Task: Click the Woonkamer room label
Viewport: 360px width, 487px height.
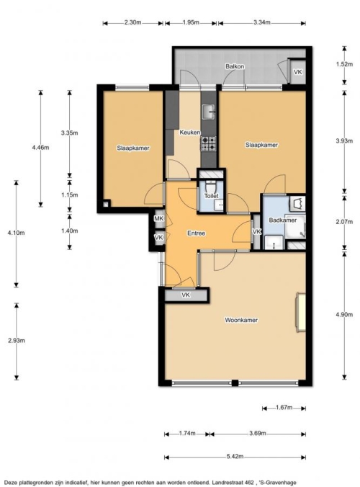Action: pos(241,320)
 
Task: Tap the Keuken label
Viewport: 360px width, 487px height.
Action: pos(189,133)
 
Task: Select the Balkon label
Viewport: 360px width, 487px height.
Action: pos(235,66)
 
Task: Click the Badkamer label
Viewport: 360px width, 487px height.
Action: pos(282,220)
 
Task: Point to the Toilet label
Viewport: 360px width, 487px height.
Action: pos(212,196)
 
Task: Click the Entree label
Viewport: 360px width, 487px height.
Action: pos(196,233)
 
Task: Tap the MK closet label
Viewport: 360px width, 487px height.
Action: pos(159,219)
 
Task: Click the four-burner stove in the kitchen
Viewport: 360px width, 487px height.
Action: pos(208,143)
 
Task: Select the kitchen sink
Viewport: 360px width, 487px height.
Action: pos(208,112)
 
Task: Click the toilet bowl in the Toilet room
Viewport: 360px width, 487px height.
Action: pos(211,187)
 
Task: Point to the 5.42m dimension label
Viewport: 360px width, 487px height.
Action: pos(235,456)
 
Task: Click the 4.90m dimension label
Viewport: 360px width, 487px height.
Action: pos(344,314)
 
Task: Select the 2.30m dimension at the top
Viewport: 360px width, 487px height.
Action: pos(132,22)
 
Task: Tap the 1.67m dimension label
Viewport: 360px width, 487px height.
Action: pos(284,407)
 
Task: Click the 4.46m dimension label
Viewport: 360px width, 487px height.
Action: pos(40,148)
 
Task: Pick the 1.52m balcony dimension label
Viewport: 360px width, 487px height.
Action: pos(344,64)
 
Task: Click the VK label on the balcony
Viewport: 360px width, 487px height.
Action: pos(297,72)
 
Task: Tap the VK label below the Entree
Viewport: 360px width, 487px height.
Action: pos(186,295)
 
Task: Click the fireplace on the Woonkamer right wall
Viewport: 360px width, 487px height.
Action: pos(300,313)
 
